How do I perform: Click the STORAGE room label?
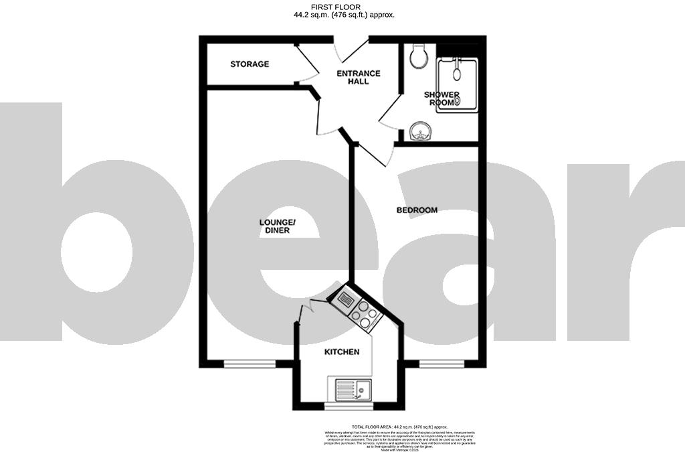pyautogui.click(x=250, y=64)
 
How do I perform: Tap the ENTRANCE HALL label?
pyautogui.click(x=358, y=77)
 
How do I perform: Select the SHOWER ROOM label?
pyautogui.click(x=442, y=98)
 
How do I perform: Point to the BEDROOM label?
pyautogui.click(x=417, y=210)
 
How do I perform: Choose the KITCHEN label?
pyautogui.click(x=342, y=352)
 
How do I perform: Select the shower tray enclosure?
pyautogui.click(x=458, y=86)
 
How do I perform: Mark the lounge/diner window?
pyautogui.click(x=250, y=364)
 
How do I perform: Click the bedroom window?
pyautogui.click(x=442, y=364)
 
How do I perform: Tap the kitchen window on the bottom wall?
pyautogui.click(x=348, y=405)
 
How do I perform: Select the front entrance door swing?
pyautogui.click(x=351, y=50)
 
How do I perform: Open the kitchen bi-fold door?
pyautogui.click(x=312, y=309)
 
